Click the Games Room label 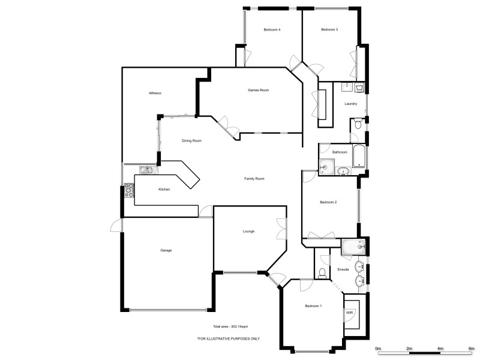tap(258, 90)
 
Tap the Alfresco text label tap(157, 93)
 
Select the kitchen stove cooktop tap(128, 191)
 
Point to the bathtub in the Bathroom tap(359, 157)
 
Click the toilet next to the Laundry tap(357, 125)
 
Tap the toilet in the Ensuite tap(322, 273)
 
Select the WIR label tap(349, 313)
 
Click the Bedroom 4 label tap(272, 29)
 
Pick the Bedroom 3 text tap(329, 29)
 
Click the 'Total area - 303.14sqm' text tap(230, 326)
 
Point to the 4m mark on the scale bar tap(440, 348)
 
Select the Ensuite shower tap(354, 245)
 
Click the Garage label tap(166, 250)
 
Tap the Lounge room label tap(248, 231)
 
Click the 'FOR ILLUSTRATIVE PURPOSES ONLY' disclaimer tap(229, 338)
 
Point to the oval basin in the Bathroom tap(344, 171)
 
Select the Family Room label tap(254, 178)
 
